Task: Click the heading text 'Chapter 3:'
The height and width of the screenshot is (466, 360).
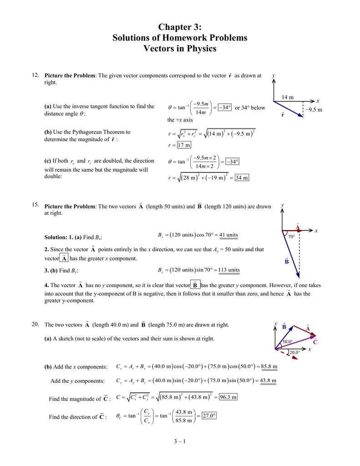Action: coord(180,28)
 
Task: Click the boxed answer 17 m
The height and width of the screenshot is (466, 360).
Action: coord(184,145)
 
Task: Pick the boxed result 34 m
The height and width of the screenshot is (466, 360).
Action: coord(242,178)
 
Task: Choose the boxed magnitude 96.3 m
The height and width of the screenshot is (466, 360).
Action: coord(228,397)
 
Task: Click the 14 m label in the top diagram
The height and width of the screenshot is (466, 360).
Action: coord(288,97)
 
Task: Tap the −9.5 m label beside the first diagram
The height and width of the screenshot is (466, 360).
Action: coord(314,110)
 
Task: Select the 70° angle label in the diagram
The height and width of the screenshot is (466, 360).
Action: coord(291,237)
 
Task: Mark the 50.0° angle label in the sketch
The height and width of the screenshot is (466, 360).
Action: coord(287,342)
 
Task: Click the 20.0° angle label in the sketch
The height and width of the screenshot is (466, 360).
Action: coord(294,352)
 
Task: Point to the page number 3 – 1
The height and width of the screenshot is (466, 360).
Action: coord(180,441)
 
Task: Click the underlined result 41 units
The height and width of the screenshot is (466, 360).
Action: coord(228,235)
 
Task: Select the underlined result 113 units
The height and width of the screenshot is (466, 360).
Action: coord(228,270)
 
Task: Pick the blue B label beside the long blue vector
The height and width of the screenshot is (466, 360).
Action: coord(287,262)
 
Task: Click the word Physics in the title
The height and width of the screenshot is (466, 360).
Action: coord(201,48)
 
